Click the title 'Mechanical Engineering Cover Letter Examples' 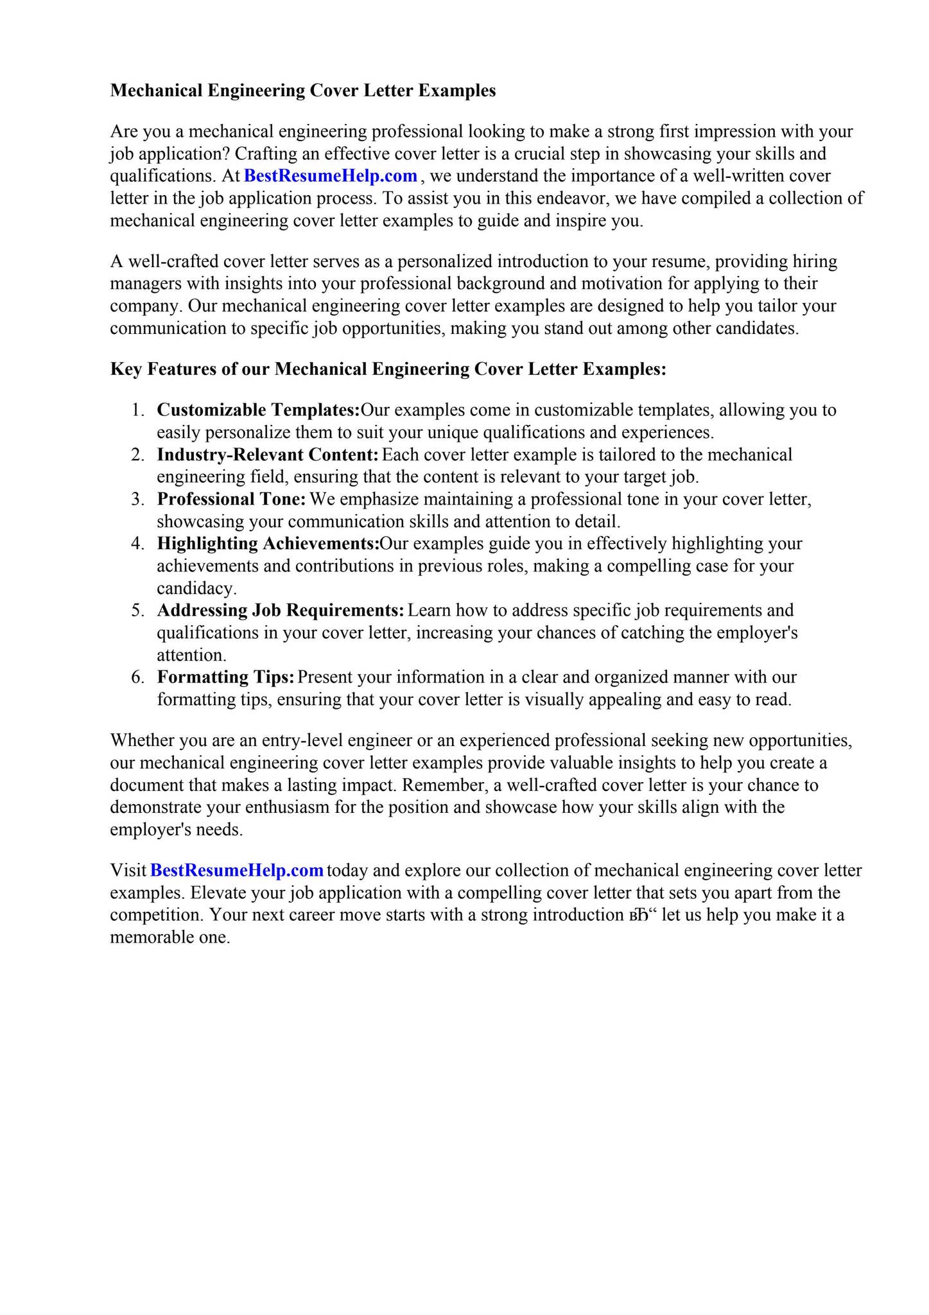click(303, 91)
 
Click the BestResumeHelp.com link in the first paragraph click(331, 176)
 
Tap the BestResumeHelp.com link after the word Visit click(236, 871)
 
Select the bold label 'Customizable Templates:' click(258, 410)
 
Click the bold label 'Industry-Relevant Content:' click(268, 455)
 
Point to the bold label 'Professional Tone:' click(231, 499)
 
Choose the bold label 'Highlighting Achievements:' click(268, 544)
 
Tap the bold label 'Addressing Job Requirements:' click(281, 610)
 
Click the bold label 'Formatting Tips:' click(225, 677)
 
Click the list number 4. click(137, 544)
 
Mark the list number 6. click(137, 677)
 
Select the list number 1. click(137, 410)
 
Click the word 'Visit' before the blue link click(128, 871)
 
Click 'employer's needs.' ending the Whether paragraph click(177, 830)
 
